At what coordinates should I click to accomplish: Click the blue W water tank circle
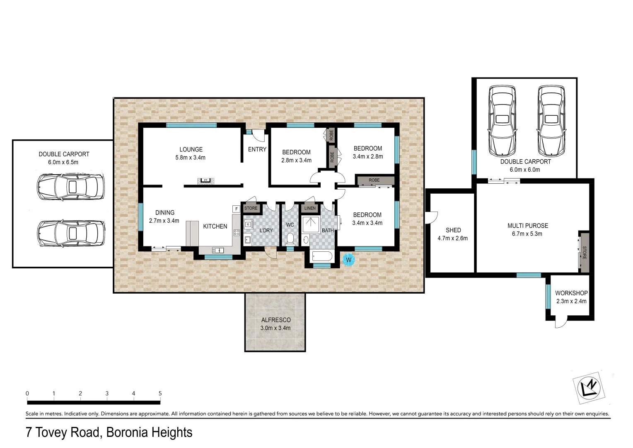348,260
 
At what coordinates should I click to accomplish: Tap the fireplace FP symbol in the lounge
205,180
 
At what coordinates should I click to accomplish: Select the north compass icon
590,388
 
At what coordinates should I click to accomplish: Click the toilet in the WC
290,239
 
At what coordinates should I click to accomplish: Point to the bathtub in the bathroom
321,256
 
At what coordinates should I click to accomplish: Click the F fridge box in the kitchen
236,209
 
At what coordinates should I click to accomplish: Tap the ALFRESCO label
275,320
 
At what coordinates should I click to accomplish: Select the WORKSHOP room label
571,293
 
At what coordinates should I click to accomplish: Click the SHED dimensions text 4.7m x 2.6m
452,238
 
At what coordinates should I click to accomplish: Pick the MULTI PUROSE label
527,226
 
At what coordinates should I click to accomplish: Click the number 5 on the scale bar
160,393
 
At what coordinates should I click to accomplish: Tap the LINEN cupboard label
309,208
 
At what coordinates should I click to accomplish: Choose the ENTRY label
257,149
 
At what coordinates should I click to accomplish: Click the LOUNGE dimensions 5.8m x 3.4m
190,158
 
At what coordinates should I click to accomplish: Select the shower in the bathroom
310,224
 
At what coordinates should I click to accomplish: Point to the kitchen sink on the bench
217,250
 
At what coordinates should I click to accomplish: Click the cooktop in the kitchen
237,233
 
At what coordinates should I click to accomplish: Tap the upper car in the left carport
70,187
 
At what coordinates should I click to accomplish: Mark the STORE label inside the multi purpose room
585,253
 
